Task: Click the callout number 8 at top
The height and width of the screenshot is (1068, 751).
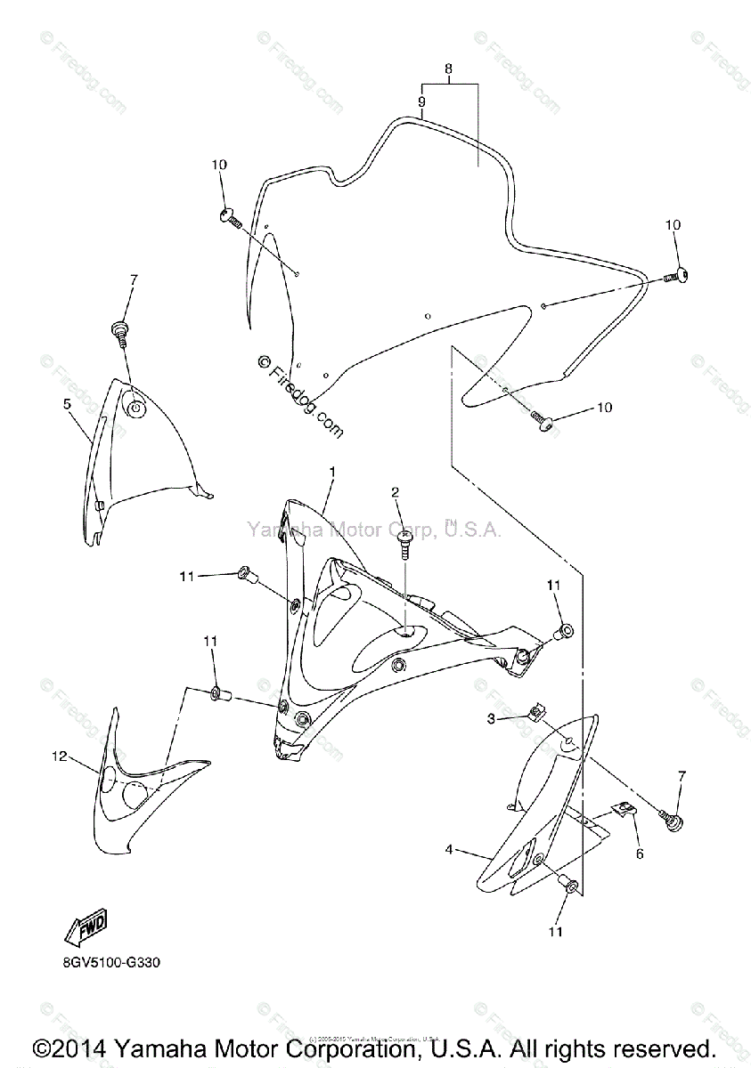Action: pos(448,69)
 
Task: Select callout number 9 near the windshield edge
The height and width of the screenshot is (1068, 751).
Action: pos(421,103)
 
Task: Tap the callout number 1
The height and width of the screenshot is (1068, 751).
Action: pos(332,470)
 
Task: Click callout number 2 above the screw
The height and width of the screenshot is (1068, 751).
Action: pos(395,492)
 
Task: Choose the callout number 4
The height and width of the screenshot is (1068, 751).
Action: pos(451,850)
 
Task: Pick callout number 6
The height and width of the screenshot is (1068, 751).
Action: pos(638,852)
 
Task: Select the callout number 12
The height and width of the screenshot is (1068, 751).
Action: pos(59,756)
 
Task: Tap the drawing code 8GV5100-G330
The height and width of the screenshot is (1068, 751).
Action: pos(112,962)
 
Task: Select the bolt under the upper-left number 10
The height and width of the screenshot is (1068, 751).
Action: pos(229,215)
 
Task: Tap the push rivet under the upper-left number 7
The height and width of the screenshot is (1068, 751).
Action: pos(118,331)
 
